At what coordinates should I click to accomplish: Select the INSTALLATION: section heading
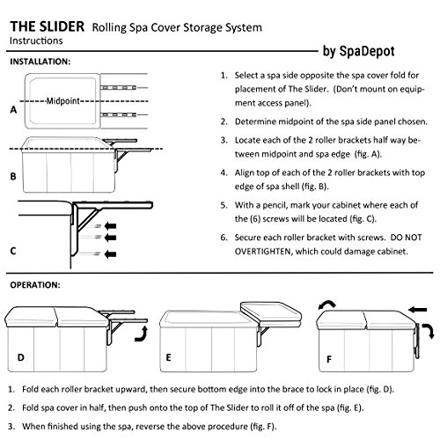pyautogui.click(x=41, y=62)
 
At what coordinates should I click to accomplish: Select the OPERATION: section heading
pyautogui.click(x=35, y=286)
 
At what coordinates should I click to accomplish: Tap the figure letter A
pyautogui.click(x=12, y=112)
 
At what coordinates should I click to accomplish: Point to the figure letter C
pyautogui.click(x=12, y=250)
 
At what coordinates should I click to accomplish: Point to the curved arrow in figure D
pyautogui.click(x=138, y=334)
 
